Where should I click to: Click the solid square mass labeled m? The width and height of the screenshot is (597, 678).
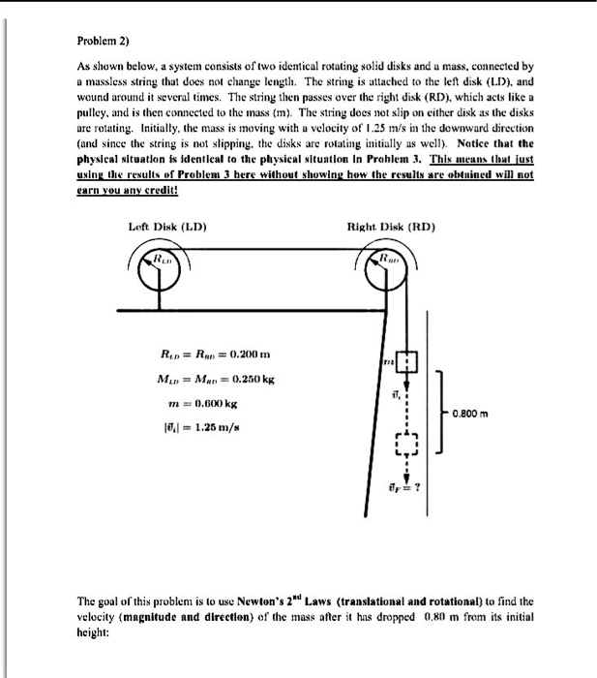click(x=407, y=360)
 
